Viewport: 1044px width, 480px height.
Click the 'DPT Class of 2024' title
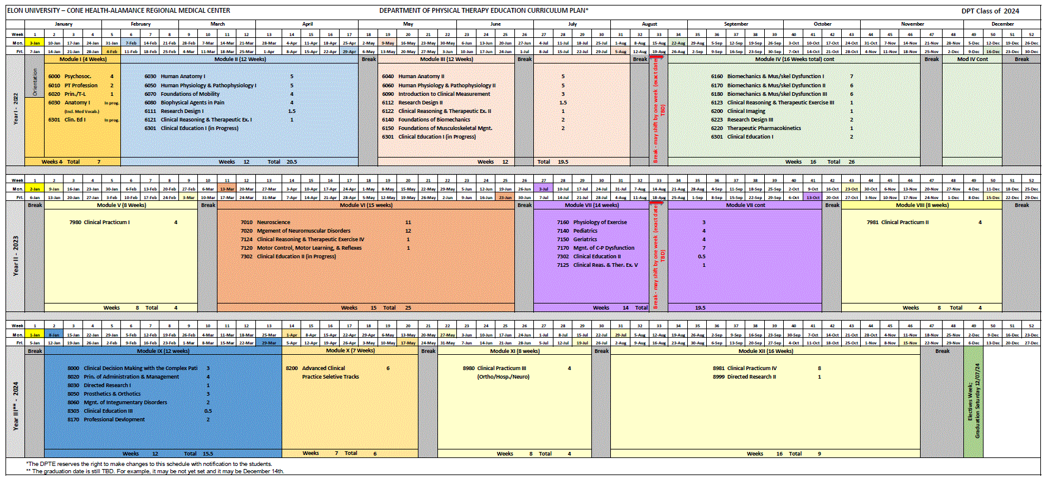point(990,11)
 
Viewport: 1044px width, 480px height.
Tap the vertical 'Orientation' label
point(35,82)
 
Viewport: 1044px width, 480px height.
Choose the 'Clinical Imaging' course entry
point(746,111)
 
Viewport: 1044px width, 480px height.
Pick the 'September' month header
point(736,24)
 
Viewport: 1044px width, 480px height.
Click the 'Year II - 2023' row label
point(16,256)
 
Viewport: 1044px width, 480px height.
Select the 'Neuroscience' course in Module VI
point(274,222)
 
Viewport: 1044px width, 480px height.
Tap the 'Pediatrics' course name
point(585,231)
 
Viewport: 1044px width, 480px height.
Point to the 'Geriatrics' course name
point(585,239)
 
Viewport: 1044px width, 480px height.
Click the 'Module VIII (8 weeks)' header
point(922,205)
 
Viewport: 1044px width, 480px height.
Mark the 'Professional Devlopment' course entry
point(114,420)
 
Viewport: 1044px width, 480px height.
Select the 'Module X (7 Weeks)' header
point(350,351)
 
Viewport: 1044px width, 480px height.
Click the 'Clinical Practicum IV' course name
point(752,368)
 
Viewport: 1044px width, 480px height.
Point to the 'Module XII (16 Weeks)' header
point(765,351)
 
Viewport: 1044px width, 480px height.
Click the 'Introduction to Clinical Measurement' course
point(444,94)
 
